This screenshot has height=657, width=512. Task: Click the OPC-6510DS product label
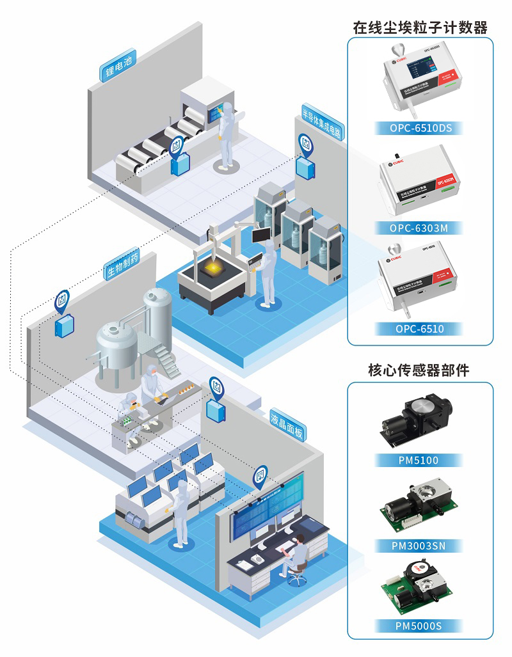(420, 128)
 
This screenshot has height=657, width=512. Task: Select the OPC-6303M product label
(420, 228)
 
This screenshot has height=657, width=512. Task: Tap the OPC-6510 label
(420, 329)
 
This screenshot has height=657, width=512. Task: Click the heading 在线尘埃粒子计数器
(420, 28)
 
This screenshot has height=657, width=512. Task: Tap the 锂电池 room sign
(118, 67)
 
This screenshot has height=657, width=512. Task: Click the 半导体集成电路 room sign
(322, 122)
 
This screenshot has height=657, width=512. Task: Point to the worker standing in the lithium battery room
(226, 138)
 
